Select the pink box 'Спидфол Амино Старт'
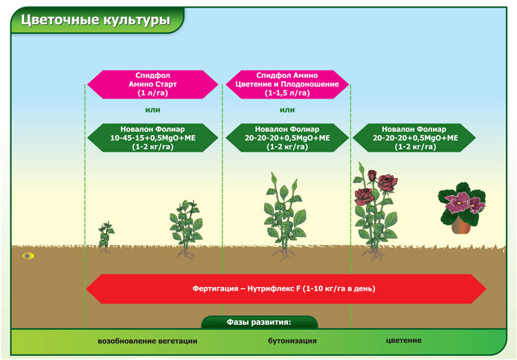coord(152,84)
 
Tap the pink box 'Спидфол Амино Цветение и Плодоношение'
coord(287,84)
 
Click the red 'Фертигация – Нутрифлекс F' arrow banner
coord(285,288)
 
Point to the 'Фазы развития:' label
coord(259,322)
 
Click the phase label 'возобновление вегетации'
coord(148,341)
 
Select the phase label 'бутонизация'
coord(292,341)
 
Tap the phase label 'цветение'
coord(403,341)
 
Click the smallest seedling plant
coord(105,236)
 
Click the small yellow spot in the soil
coord(28,256)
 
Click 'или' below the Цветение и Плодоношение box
coord(287,110)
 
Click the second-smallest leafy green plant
coord(187,227)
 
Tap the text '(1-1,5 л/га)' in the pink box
coord(287,93)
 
